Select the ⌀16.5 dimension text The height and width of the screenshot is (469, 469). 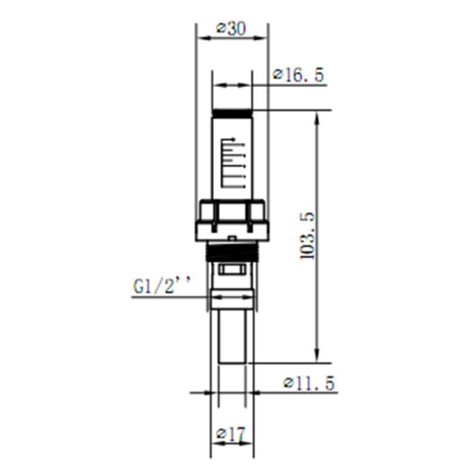(298, 76)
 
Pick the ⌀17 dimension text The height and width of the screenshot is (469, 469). (230, 434)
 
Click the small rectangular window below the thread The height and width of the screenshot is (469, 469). (232, 270)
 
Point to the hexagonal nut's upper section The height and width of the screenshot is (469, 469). (232, 209)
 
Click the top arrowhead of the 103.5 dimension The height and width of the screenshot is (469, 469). (317, 115)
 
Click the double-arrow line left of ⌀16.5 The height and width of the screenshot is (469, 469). (232, 86)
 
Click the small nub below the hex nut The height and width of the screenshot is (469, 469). (232, 238)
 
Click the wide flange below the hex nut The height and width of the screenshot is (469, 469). (232, 229)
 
